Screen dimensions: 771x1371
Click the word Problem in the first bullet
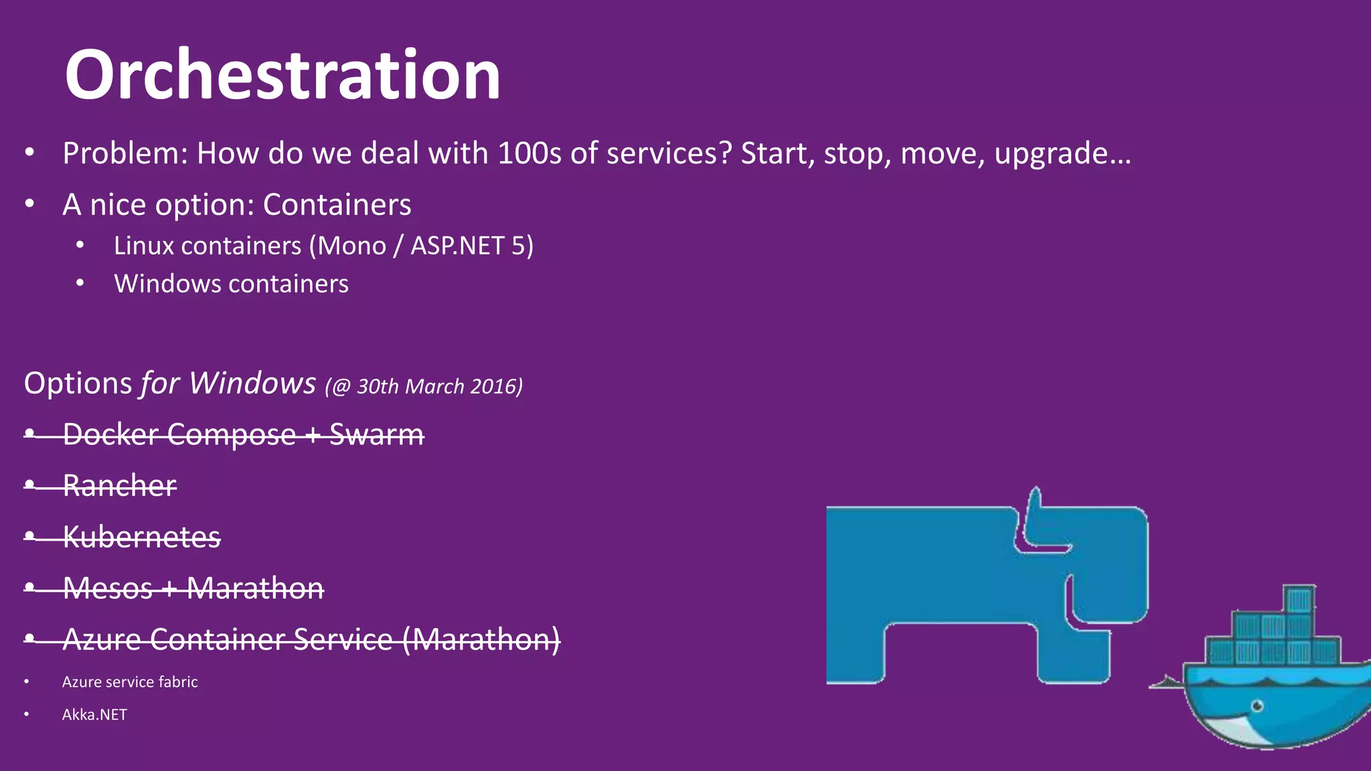click(x=121, y=154)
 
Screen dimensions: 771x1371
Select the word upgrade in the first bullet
click(x=1052, y=154)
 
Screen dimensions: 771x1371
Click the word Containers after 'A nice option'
click(x=337, y=205)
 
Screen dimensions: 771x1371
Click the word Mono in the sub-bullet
click(x=351, y=246)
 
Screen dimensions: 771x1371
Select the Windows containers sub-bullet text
click(x=231, y=284)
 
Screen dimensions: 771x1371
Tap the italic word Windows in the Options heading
click(x=252, y=383)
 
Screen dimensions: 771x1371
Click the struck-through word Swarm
click(x=376, y=434)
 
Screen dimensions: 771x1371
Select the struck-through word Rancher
click(x=119, y=485)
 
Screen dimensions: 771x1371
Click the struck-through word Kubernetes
click(x=141, y=537)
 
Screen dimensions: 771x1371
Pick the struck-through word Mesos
click(x=108, y=588)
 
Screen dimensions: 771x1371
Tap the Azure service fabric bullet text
click(x=130, y=682)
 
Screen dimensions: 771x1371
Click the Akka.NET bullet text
click(x=94, y=715)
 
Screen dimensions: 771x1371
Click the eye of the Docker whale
click(x=1257, y=706)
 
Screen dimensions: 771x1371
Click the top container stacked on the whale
click(x=1299, y=599)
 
